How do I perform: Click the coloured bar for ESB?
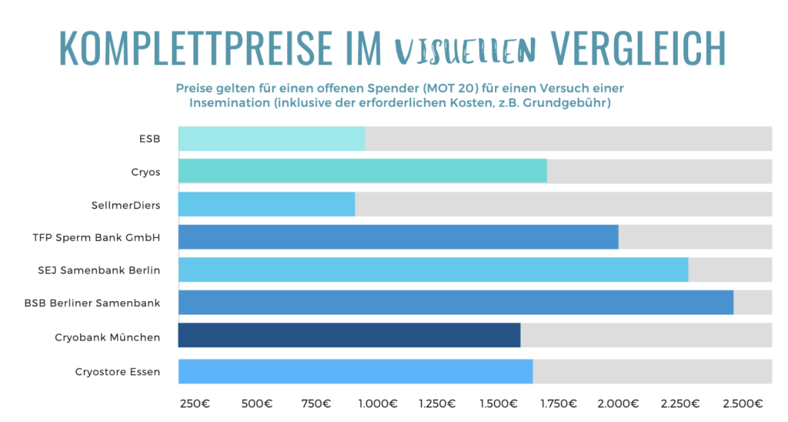coord(271,139)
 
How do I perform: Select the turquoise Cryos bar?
coord(362,171)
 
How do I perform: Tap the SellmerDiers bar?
coord(266,204)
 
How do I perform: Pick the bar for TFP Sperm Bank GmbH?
coord(398,237)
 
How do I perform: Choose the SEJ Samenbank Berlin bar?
coord(432,270)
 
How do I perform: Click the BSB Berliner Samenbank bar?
coord(456,303)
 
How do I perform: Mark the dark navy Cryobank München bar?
coord(349,336)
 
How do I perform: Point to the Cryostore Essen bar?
coord(355,371)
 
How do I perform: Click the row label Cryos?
coord(145,172)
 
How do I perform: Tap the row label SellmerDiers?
coord(125,205)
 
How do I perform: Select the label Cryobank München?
coord(107,337)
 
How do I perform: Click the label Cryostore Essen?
coord(118,371)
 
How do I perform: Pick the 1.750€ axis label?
coord(559,404)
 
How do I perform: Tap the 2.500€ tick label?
coord(743,404)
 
